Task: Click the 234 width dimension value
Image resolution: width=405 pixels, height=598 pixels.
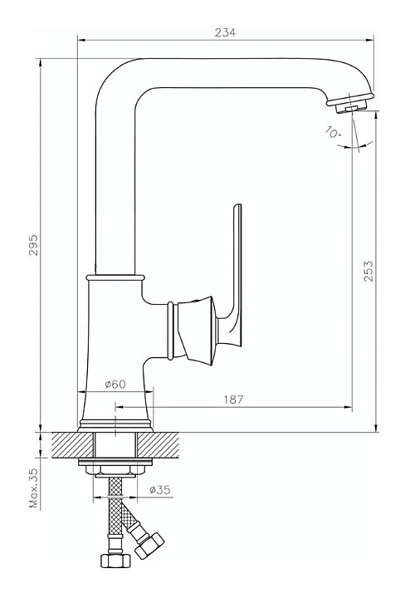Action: (225, 32)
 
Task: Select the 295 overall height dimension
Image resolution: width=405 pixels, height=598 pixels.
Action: (34, 245)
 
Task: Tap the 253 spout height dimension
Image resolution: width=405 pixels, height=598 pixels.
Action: (368, 271)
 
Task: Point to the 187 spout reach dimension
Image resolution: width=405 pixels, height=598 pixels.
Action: (233, 399)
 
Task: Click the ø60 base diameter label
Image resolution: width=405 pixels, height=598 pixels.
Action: (115, 384)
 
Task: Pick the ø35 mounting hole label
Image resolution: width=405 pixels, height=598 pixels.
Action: (160, 490)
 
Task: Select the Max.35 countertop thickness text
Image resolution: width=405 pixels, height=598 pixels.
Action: (34, 488)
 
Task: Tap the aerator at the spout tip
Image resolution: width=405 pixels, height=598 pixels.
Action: (351, 104)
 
